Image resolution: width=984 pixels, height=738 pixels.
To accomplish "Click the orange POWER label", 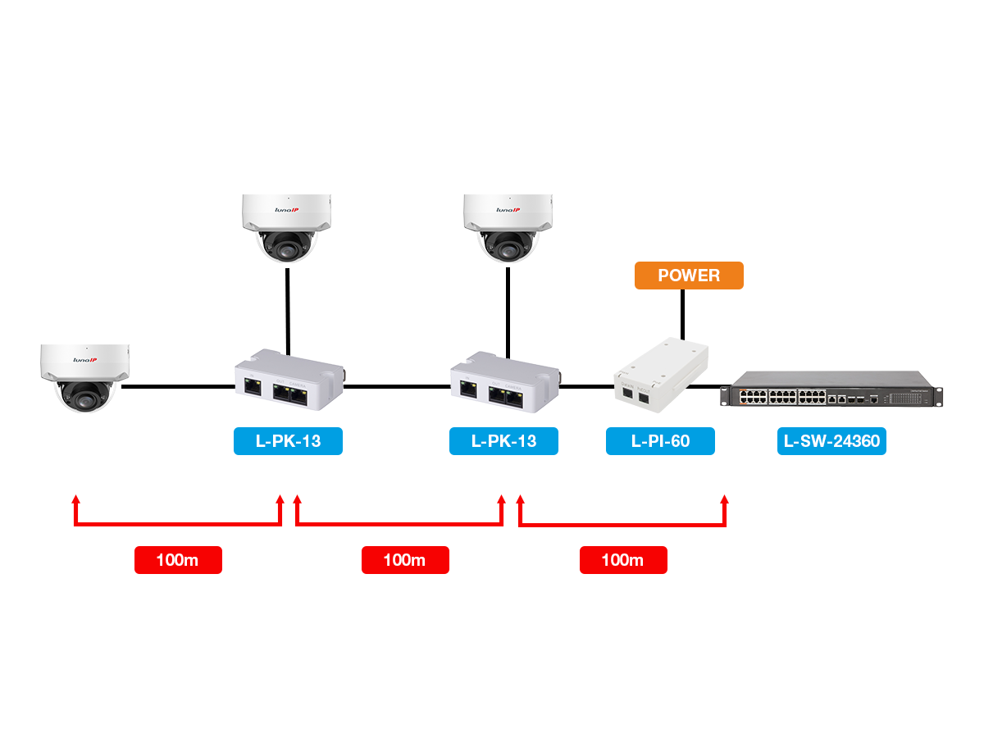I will click(x=689, y=276).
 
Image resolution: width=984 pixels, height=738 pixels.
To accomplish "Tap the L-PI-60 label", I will click(x=660, y=441).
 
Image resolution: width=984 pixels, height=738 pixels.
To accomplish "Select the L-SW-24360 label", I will click(x=831, y=441).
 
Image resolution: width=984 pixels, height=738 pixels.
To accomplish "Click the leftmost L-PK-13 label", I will click(x=288, y=441).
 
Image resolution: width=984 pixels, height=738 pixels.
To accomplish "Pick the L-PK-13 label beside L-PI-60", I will click(x=503, y=441).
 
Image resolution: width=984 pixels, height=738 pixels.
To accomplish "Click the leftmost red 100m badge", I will click(x=178, y=560).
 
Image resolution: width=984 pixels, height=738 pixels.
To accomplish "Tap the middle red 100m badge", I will click(x=405, y=560).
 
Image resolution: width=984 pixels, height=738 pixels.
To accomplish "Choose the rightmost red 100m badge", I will click(x=623, y=560).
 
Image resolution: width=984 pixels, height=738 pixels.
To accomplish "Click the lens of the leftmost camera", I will click(x=83, y=394).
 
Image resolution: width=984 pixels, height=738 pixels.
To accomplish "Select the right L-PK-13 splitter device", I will click(x=502, y=379).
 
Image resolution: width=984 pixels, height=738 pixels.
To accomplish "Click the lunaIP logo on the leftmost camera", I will click(x=84, y=359).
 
